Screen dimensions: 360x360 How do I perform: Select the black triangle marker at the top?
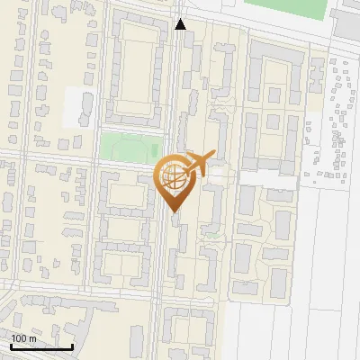tap(181, 25)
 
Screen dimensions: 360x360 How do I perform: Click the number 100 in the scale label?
tap(20, 338)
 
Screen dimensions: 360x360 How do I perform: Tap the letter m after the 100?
tap(33, 338)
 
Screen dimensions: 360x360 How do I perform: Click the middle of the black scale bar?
tap(41, 346)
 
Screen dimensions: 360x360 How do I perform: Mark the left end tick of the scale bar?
tap(11, 346)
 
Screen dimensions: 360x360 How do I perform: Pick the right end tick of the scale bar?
tap(72, 346)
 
